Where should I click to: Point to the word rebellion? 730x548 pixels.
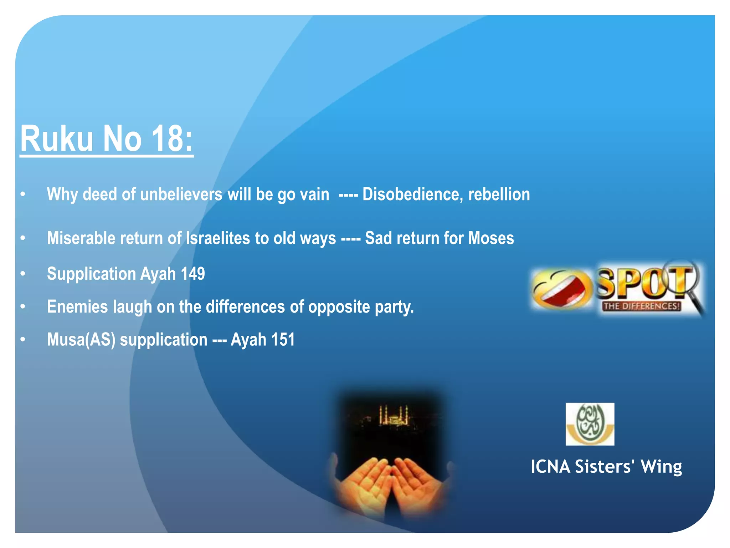point(499,194)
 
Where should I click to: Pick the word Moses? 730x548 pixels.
point(491,238)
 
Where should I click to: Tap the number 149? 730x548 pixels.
point(193,274)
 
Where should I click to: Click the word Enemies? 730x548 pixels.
point(77,307)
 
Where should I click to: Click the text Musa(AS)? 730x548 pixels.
point(81,340)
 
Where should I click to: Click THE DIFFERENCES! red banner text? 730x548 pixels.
point(642,306)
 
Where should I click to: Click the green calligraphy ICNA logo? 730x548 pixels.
point(590,423)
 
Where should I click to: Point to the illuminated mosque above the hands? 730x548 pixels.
point(393,416)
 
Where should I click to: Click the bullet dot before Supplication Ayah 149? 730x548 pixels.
point(23,274)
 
